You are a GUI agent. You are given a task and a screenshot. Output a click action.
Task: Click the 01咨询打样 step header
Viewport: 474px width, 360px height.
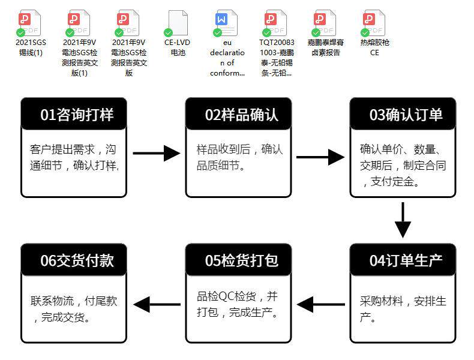pos(74,115)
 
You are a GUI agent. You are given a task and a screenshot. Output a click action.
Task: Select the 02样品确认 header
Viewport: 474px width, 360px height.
pos(239,115)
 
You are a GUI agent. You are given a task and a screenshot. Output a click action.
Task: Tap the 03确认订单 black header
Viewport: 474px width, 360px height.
pos(403,115)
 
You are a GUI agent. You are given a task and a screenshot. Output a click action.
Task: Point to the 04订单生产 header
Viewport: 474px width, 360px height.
pos(403,260)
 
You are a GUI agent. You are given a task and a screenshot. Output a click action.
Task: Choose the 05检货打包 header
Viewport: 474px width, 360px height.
pos(239,260)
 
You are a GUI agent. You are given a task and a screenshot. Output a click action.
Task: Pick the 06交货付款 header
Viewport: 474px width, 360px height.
pos(74,260)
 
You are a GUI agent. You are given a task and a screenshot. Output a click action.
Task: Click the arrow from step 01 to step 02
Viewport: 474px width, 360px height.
pos(156,153)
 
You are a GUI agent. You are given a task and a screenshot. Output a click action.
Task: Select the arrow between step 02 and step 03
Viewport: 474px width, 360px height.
pos(320,158)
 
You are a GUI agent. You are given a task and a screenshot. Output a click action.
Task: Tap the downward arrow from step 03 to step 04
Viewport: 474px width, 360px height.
pos(403,220)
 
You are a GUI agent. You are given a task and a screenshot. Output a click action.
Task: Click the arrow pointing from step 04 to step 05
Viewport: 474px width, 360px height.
pos(320,305)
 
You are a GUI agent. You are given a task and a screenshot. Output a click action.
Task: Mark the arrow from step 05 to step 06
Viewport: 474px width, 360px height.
pos(156,305)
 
